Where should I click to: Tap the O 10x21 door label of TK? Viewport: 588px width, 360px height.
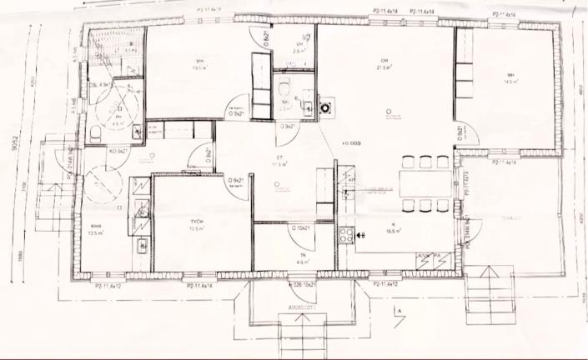[x=301, y=227]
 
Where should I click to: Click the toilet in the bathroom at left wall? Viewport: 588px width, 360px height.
[x=94, y=132]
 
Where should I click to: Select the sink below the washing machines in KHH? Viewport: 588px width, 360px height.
[x=143, y=245]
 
